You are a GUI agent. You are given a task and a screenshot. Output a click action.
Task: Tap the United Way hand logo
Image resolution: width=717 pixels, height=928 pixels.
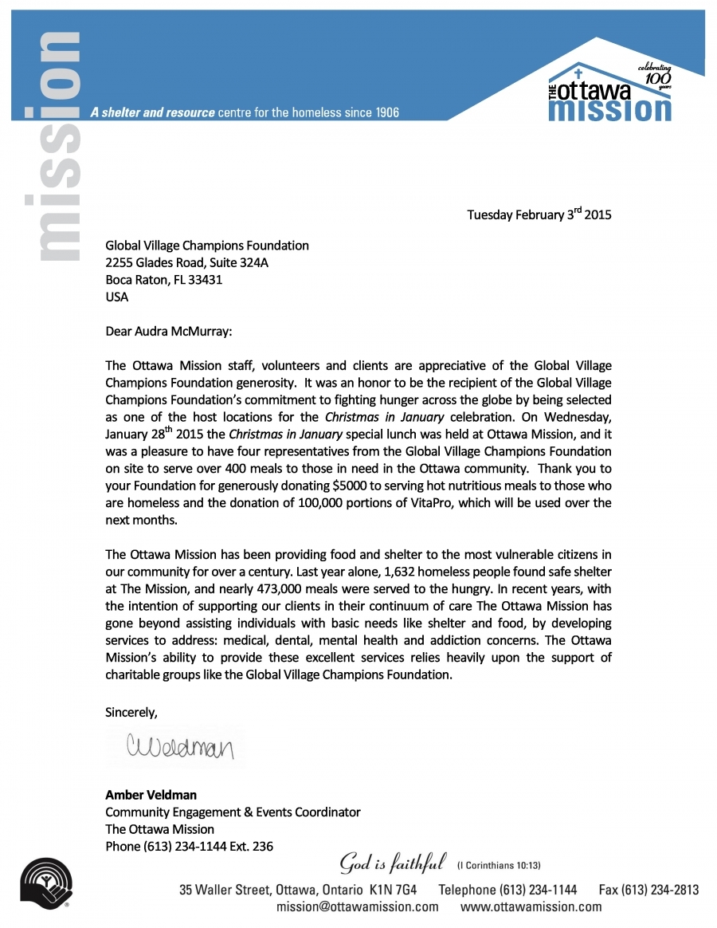(47, 883)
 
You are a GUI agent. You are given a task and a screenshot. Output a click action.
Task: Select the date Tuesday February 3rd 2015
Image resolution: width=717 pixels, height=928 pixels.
(539, 214)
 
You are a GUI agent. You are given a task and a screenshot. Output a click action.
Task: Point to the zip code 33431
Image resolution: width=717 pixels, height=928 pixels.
(204, 280)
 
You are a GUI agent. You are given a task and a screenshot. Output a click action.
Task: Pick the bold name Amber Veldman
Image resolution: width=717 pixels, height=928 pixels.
(151, 795)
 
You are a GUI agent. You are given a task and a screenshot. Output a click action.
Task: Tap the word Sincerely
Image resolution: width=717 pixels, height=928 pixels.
(131, 713)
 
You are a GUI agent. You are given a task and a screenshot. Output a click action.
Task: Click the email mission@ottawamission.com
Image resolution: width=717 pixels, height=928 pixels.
(358, 906)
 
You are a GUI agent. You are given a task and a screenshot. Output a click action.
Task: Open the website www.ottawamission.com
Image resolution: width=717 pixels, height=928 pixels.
(531, 906)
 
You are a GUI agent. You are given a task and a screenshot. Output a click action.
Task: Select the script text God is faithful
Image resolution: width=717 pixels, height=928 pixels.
(393, 862)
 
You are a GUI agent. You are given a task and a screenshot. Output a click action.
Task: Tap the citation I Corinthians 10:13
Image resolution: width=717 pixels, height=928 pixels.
(500, 865)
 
